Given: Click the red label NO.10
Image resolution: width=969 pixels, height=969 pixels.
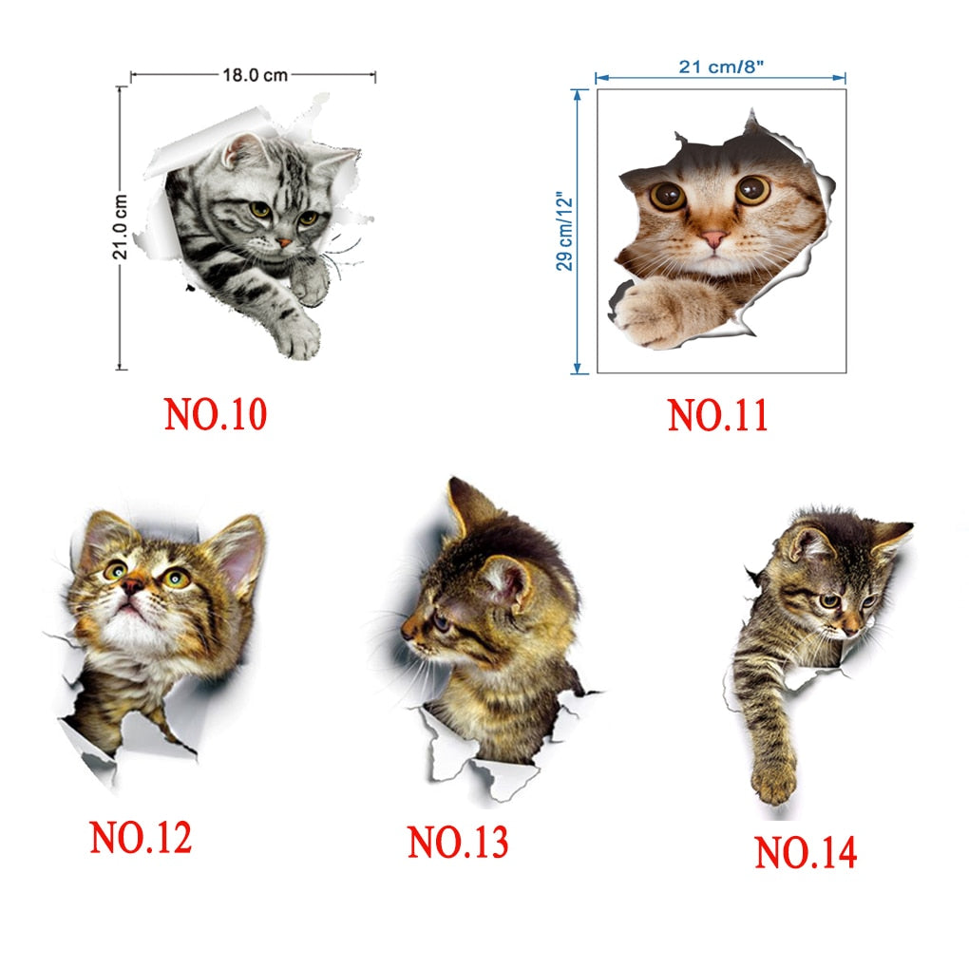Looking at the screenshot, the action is pos(215,414).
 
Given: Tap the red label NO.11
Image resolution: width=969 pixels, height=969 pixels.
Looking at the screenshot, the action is pos(718,415).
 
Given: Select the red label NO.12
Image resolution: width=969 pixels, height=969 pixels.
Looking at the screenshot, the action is pos(141,838).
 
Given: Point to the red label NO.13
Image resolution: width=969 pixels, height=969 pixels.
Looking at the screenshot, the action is pos(458,842).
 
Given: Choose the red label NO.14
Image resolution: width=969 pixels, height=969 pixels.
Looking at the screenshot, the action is pos(806,852).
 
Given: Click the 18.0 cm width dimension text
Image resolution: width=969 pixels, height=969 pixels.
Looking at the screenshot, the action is pos(256,75).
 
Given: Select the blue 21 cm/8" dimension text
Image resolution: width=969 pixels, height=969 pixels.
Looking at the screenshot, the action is pos(721,66).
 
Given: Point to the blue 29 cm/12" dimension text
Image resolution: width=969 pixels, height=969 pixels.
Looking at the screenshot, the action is pos(565,231).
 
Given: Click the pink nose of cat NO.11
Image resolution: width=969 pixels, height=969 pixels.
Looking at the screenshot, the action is pos(713,238).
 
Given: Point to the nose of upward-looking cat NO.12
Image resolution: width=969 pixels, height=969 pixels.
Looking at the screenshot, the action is pos(132,585).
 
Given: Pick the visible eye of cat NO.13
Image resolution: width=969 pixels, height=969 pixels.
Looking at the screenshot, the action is pos(441,619).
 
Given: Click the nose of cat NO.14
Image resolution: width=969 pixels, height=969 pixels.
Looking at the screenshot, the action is pos(851,629).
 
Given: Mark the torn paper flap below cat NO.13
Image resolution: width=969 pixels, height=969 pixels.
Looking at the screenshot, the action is pos(469,758).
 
